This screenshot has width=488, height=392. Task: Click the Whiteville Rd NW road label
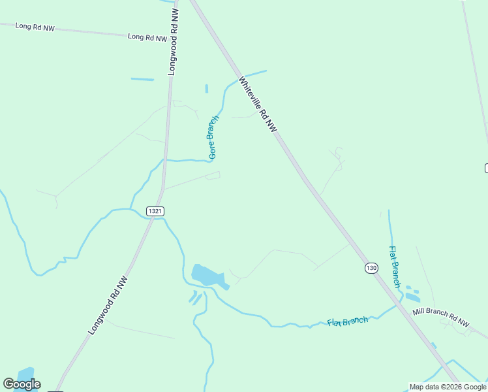point(258,105)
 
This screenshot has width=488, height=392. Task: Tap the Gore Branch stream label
point(213,138)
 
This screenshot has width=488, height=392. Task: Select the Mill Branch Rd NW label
point(441,318)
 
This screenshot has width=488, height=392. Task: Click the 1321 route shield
point(155,211)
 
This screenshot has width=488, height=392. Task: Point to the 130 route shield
point(371,268)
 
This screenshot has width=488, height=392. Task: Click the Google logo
point(22,384)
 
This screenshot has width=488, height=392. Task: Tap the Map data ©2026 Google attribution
point(448,387)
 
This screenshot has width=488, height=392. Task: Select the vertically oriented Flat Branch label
point(395,267)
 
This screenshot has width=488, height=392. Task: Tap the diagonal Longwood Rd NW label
point(108,306)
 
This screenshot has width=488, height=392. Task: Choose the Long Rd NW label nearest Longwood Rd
point(147,37)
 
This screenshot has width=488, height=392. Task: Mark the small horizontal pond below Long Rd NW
point(142,80)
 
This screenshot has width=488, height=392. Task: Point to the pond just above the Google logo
point(26,373)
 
